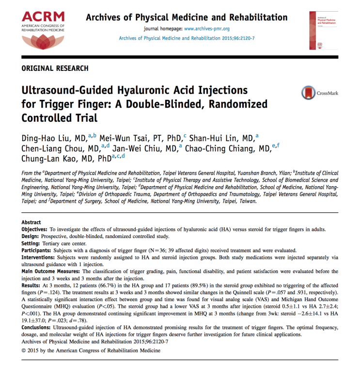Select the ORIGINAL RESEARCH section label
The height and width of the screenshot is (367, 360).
[x=55, y=68]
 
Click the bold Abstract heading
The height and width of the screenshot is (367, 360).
[x=31, y=223]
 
